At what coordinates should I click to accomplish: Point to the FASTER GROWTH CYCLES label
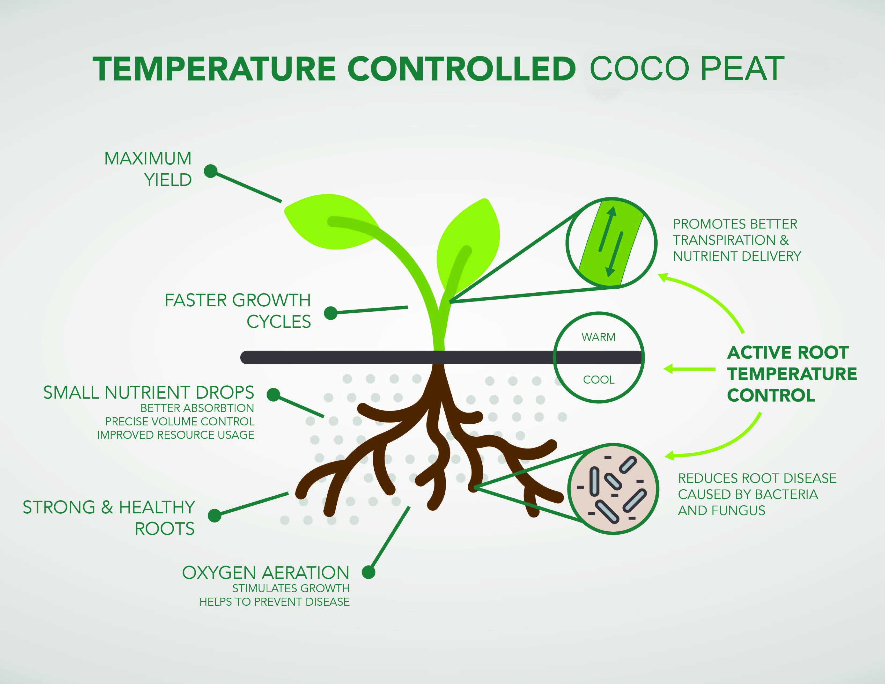point(238,311)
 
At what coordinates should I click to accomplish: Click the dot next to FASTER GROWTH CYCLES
point(331,313)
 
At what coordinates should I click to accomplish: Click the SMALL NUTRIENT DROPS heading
point(149,392)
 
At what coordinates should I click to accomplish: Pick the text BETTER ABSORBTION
point(197,408)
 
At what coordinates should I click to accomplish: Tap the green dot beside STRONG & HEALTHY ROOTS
point(214,516)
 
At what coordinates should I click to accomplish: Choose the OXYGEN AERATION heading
point(266,573)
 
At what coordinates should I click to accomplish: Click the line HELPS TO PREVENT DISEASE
point(274,602)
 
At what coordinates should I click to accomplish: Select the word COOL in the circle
point(599,380)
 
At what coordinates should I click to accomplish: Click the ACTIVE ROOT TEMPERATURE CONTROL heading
point(792,374)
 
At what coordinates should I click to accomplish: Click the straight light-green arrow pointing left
point(689,369)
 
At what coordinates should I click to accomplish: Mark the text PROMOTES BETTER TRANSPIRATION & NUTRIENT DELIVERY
point(737,240)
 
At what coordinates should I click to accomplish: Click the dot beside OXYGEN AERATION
point(368,572)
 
